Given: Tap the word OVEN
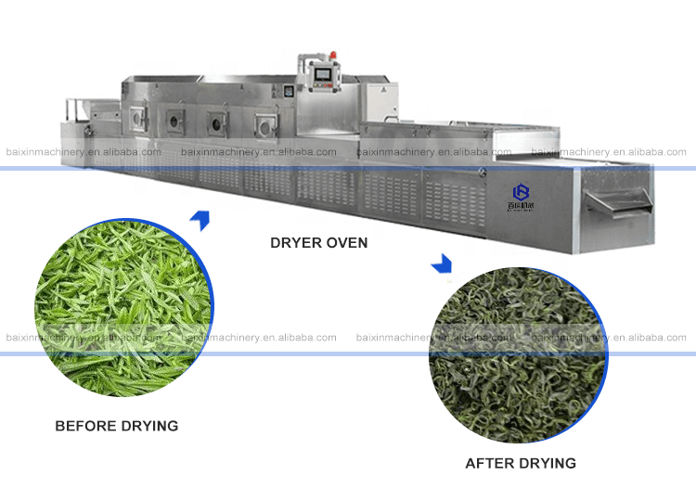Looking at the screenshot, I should (344, 243).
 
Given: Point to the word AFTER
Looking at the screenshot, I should (488, 463).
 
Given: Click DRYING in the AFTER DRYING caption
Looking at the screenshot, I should (546, 463).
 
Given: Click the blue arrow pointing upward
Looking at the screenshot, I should (200, 220).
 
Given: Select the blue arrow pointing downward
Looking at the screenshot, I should (442, 264).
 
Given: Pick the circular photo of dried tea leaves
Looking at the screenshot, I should (517, 353).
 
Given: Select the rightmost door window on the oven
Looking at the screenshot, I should (266, 123).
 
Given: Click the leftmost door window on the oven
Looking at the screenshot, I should (136, 117).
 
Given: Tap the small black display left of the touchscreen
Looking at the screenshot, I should (288, 91).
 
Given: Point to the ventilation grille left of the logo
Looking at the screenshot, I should (455, 199).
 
